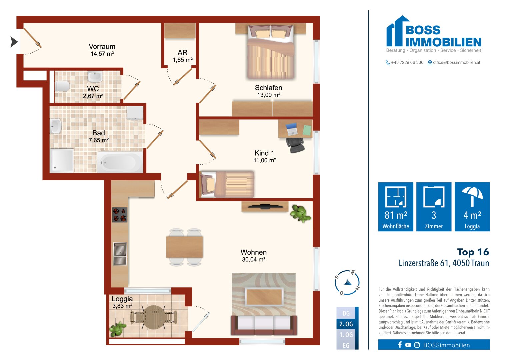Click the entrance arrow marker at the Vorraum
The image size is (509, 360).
[14, 42]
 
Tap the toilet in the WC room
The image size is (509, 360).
[62, 86]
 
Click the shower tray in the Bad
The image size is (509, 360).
[62, 160]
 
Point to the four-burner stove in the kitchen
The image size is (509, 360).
[120, 215]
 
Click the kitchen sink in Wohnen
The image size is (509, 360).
[120, 254]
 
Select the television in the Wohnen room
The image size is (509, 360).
[265, 206]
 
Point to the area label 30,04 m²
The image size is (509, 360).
[254, 260]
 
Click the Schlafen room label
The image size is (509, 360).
[268, 88]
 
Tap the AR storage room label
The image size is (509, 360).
[182, 53]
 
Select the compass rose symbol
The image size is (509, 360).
[347, 283]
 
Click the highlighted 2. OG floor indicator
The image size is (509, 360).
[346, 324]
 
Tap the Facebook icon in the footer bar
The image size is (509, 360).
[400, 345]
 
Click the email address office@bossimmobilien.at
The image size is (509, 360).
[456, 62]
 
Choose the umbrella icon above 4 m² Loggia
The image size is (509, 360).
[472, 196]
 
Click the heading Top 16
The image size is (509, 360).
[473, 252]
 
